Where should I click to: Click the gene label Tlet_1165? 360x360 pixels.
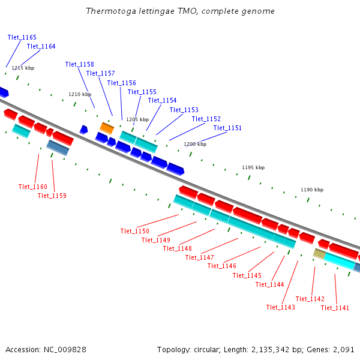22,37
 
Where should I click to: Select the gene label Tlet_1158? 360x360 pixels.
80,64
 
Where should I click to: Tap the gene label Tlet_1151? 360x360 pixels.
227,128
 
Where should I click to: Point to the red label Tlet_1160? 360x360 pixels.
33,187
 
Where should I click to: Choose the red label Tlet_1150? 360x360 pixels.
134,231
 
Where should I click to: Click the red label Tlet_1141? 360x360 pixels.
335,308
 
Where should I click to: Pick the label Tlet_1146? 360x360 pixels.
222,266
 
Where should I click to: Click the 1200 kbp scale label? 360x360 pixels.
195,144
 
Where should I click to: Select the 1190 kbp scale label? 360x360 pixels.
312,190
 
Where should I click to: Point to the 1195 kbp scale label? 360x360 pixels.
253,167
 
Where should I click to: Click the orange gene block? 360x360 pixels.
107,128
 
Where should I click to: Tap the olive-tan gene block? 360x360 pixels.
319,254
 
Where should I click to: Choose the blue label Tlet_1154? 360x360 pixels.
162,100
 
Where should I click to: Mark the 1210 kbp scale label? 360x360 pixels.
80,94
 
